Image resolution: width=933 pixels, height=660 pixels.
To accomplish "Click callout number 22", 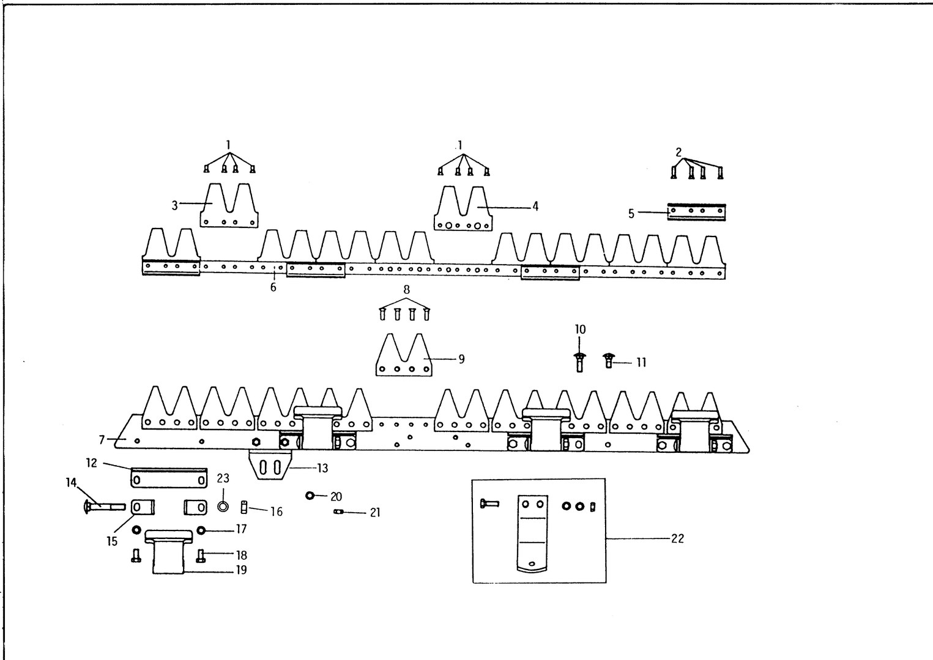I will tap(677, 538).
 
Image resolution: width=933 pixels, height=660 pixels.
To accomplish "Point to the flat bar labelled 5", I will tap(696, 211).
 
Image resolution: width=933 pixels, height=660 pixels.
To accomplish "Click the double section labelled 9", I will tap(404, 358).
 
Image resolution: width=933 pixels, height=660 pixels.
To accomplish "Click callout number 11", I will tap(641, 362).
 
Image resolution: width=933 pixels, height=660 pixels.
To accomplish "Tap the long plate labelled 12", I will tap(169, 479).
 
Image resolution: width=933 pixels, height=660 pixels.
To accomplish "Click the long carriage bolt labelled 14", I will tap(102, 506).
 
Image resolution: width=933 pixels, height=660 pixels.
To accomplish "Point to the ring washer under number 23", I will tap(223, 507).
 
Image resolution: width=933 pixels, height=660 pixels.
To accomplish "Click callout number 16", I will tap(277, 511).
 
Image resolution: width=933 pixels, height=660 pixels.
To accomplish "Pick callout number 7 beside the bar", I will tap(102, 439).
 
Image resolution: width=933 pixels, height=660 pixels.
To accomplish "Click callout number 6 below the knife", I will tap(273, 287).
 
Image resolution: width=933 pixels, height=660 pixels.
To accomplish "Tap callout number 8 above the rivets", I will tap(406, 290).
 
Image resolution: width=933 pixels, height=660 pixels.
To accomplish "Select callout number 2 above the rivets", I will tap(678, 152).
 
